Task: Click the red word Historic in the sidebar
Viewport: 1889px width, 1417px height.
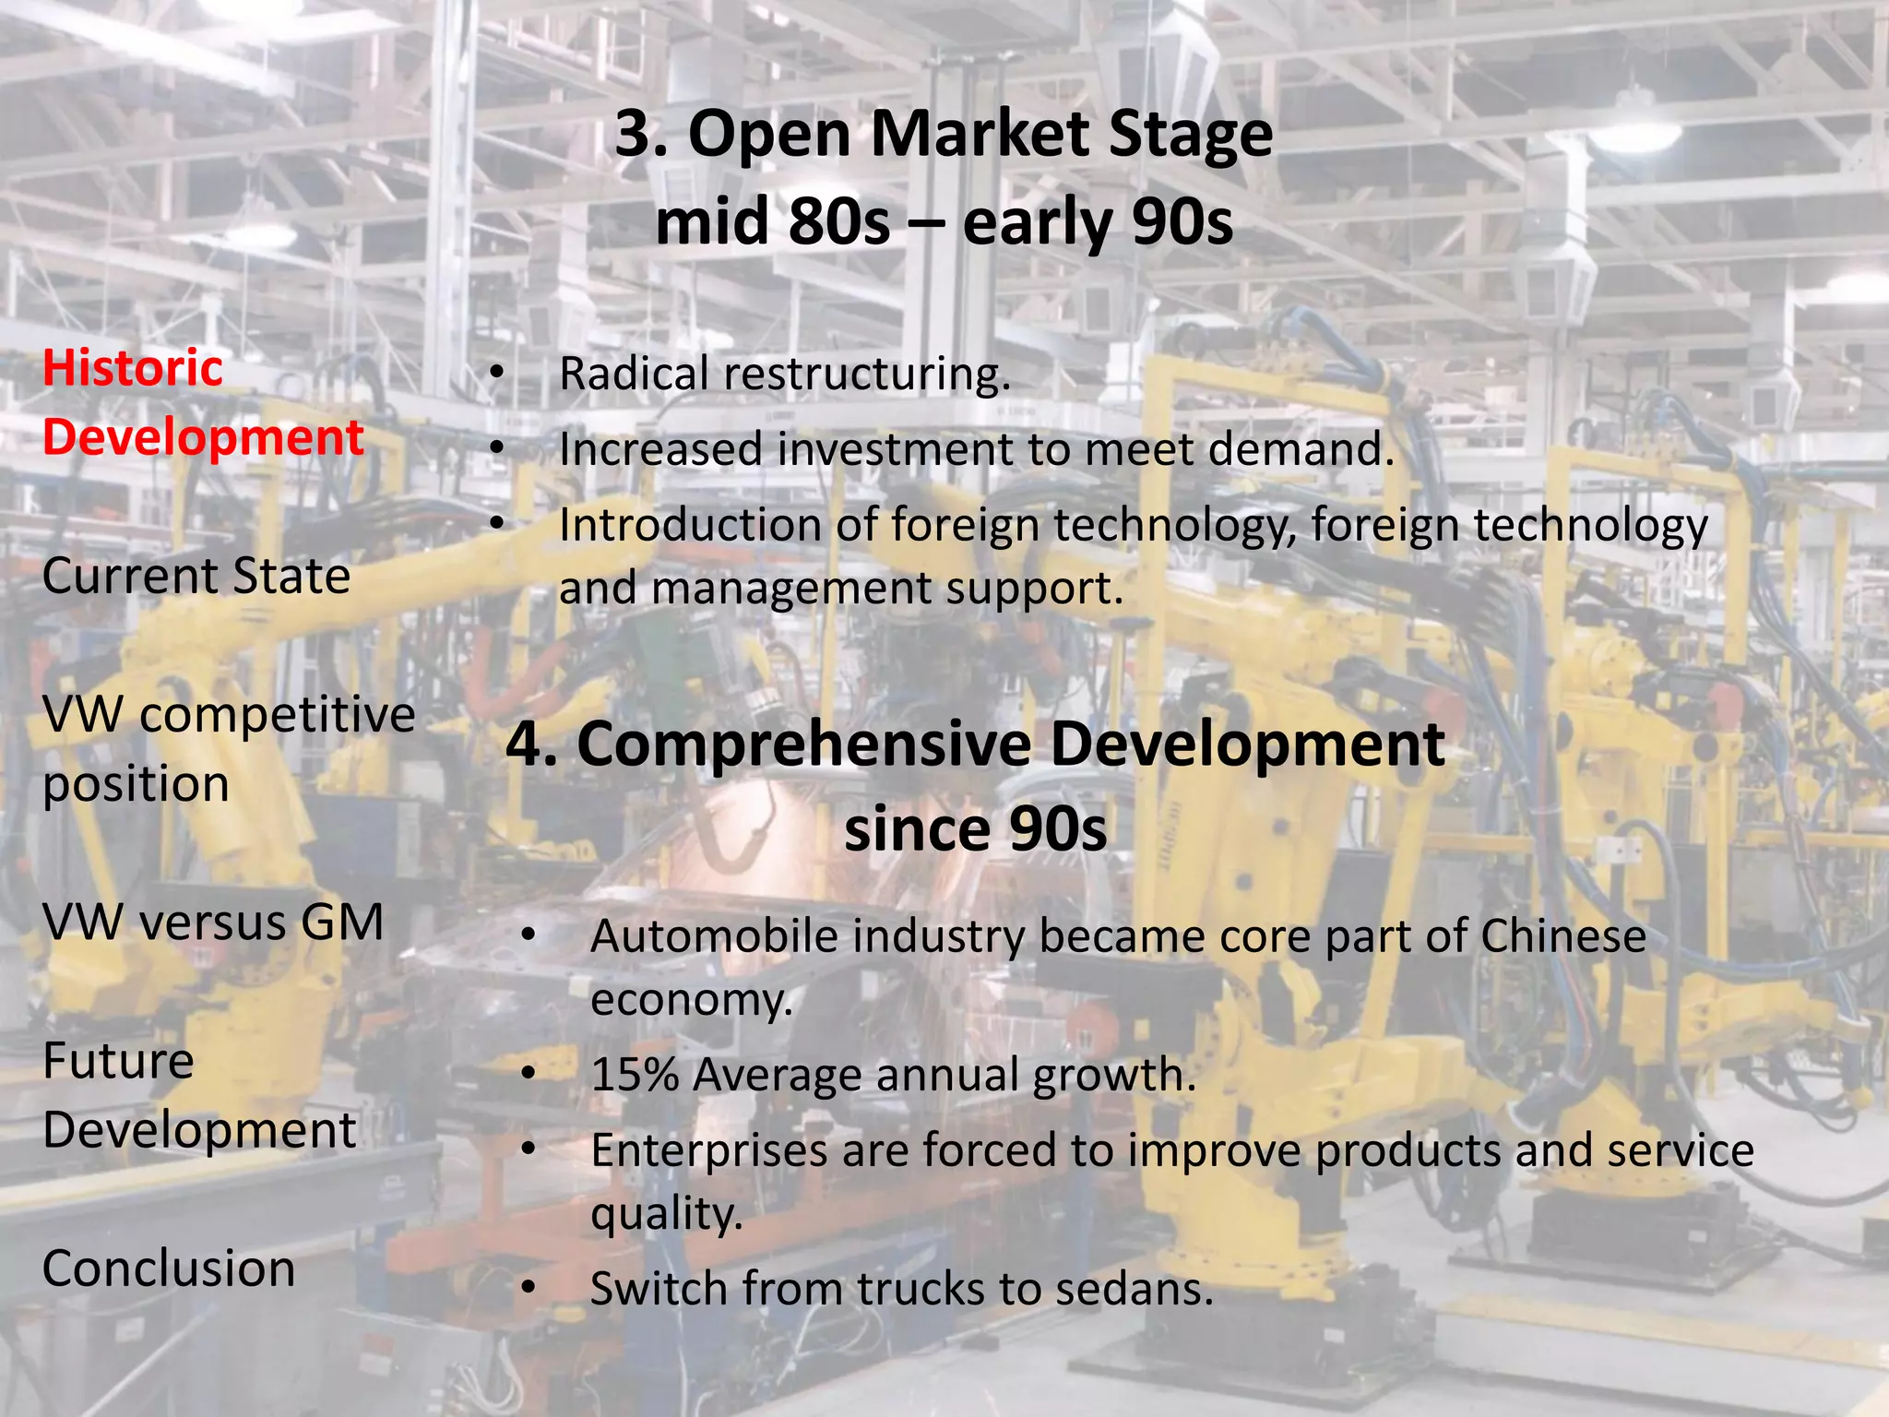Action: point(133,369)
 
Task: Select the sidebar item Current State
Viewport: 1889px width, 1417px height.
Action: point(196,577)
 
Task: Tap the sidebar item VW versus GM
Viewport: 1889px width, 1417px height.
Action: point(213,923)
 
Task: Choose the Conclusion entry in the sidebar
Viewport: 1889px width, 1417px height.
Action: point(169,1268)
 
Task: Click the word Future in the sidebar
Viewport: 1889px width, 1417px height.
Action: point(118,1061)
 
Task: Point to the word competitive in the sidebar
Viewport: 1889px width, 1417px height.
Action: point(278,715)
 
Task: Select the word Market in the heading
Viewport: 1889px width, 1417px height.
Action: point(980,134)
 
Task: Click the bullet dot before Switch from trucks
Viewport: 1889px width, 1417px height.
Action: point(528,1289)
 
